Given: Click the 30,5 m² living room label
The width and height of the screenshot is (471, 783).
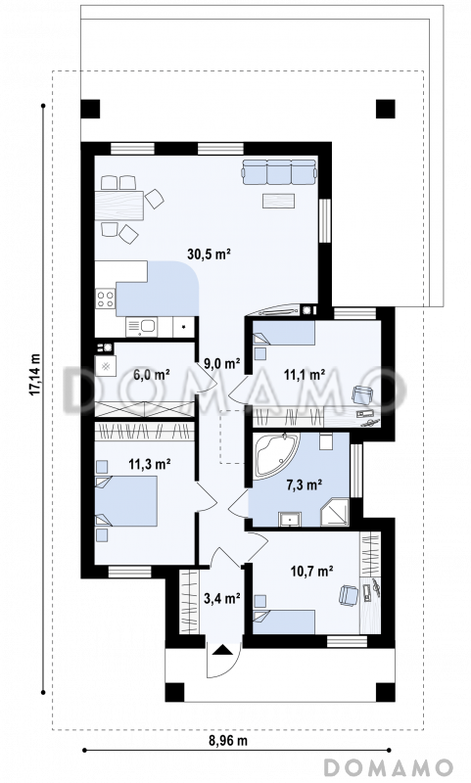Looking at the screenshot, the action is [x=209, y=253].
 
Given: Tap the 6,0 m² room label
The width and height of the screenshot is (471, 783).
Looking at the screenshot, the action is [x=152, y=374].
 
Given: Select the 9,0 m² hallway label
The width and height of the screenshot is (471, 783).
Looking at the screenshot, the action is [x=222, y=363].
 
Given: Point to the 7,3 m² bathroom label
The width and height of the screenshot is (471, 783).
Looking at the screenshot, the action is [x=304, y=484].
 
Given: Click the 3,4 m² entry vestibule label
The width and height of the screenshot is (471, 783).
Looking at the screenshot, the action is [x=222, y=597].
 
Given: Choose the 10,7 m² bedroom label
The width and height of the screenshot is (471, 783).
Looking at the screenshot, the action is [x=312, y=571].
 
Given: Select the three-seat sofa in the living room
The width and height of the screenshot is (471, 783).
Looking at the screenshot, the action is [x=279, y=172].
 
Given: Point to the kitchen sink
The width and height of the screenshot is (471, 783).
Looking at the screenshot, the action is [x=142, y=327].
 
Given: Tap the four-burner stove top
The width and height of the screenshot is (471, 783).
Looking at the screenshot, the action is [x=106, y=299].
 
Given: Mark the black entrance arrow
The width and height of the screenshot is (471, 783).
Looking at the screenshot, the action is [x=222, y=649].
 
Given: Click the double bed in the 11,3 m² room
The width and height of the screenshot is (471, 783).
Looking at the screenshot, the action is [x=126, y=501].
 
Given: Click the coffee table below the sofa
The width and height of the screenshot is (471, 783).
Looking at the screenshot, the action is [x=279, y=201].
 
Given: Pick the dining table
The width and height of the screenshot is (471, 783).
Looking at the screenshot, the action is [x=118, y=206].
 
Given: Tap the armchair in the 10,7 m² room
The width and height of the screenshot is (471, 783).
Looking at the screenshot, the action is [x=350, y=595].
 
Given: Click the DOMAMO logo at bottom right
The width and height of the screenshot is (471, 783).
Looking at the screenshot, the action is [x=389, y=767].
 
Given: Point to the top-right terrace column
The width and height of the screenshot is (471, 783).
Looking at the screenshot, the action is [x=385, y=109].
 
